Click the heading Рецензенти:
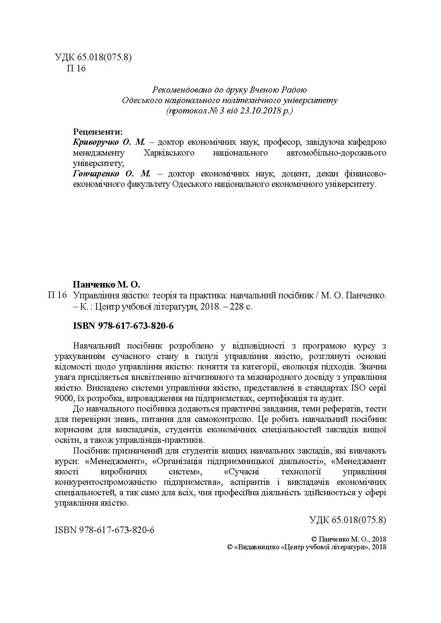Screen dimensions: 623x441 (x=98, y=131)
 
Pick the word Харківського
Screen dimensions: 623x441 (x=168, y=153)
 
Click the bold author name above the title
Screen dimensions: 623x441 (x=106, y=285)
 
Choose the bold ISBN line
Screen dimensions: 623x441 (x=123, y=326)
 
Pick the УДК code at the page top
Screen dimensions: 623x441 (x=94, y=58)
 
